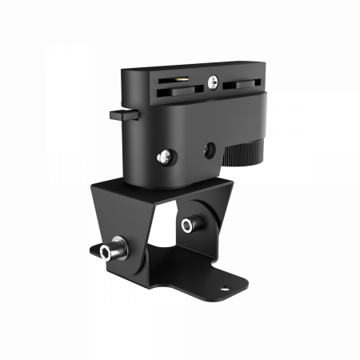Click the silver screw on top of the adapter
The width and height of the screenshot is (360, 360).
coord(212,80)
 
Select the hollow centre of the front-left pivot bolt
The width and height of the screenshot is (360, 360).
coord(106,254)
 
